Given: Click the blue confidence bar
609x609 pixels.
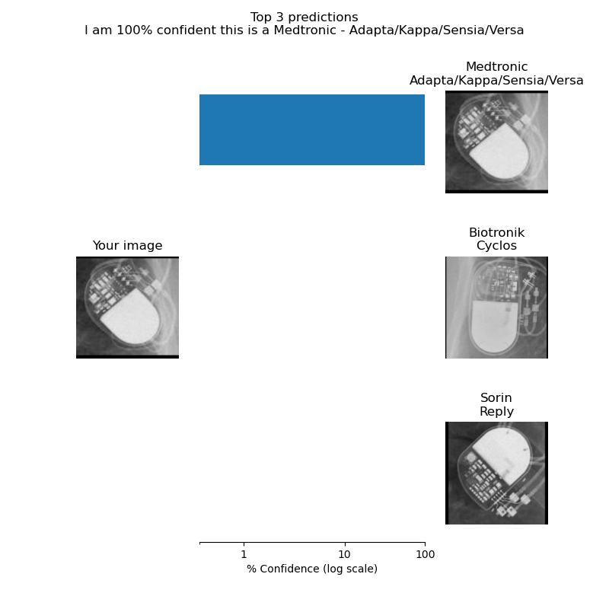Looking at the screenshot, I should (312, 129).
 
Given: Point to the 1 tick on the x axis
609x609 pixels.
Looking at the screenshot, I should (244, 544).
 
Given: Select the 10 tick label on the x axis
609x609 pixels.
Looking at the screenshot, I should (344, 554).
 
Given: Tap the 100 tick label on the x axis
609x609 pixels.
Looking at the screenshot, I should (425, 554).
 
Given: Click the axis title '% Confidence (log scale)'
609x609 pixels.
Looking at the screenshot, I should (312, 569).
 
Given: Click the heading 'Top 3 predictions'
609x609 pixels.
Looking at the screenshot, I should (304, 17).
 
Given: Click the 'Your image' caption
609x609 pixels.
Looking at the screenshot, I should (127, 246).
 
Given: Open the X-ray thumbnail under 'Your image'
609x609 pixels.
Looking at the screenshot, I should (127, 307).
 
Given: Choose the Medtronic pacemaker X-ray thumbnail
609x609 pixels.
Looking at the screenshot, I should (496, 142).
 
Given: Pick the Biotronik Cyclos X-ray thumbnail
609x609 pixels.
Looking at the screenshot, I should (496, 307).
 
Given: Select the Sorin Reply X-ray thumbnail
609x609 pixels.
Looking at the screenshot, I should (496, 473).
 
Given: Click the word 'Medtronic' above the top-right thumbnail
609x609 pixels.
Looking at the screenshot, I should (496, 67).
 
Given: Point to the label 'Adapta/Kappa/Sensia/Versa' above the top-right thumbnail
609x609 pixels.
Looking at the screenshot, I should (496, 81).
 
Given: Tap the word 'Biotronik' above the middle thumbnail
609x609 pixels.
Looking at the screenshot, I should (496, 232).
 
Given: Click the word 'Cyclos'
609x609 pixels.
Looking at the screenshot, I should (496, 246).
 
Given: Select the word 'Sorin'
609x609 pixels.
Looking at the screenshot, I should (496, 398).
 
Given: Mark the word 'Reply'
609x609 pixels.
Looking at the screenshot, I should (496, 412).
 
